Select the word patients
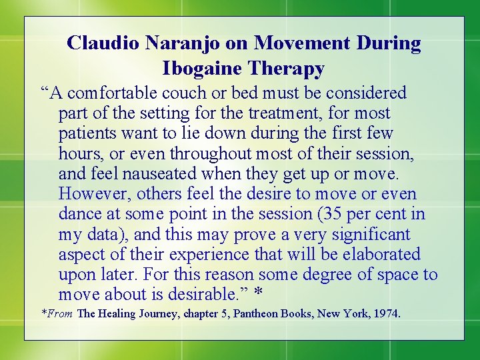pyautogui.click(x=86, y=133)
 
